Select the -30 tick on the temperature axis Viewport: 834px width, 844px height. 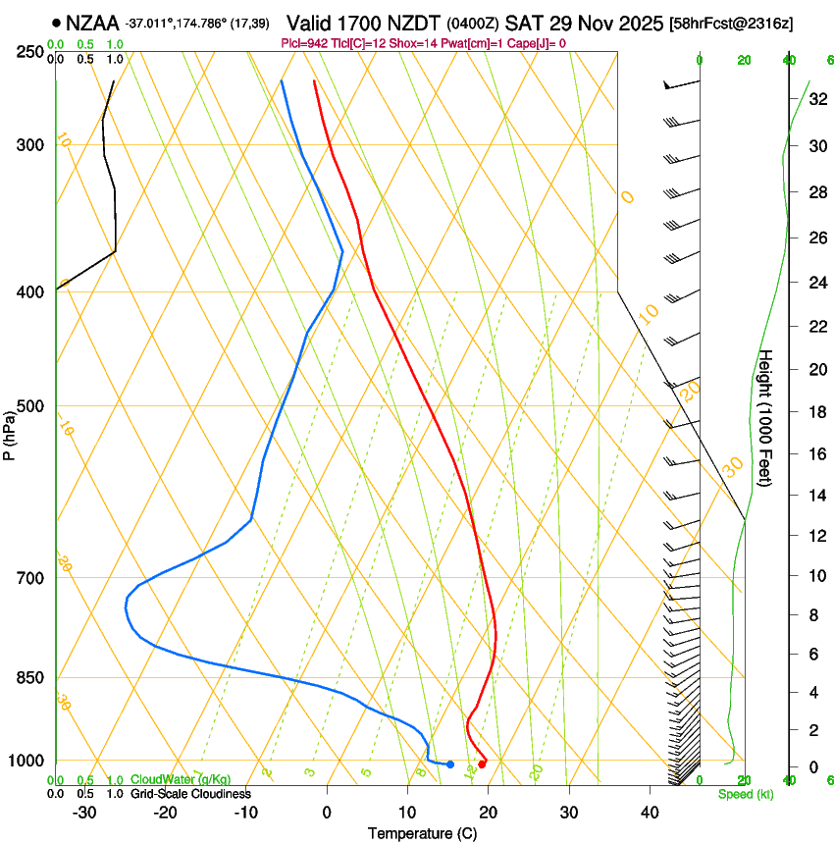[84, 813]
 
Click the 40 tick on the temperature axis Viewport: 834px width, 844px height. [650, 813]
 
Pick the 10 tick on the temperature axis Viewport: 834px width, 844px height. [408, 813]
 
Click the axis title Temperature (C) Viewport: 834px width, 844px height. [422, 833]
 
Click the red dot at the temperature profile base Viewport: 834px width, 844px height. [482, 764]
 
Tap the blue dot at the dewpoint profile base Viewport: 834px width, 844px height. [450, 764]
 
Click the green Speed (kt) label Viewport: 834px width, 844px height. [746, 794]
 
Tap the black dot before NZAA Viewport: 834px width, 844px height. [57, 22]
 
